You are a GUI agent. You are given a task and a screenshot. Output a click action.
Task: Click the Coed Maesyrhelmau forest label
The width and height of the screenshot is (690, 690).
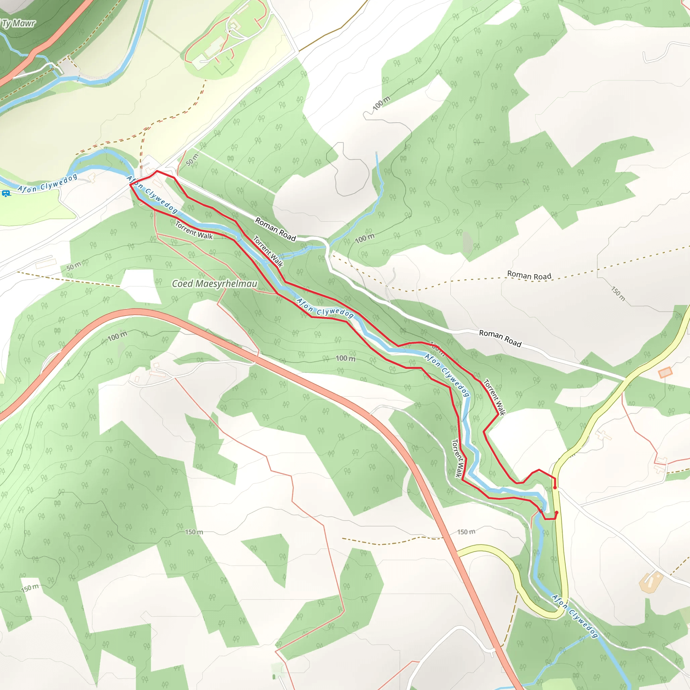[214, 284]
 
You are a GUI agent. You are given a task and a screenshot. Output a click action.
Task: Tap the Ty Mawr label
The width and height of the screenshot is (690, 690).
[19, 24]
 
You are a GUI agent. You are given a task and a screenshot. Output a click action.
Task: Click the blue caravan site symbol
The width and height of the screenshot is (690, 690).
[6, 194]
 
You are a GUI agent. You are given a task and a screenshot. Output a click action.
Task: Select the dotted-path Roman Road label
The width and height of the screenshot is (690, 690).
[529, 275]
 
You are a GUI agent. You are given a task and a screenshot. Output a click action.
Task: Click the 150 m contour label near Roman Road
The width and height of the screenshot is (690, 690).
[618, 293]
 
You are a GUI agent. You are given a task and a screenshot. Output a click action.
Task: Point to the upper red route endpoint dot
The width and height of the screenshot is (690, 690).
[555, 488]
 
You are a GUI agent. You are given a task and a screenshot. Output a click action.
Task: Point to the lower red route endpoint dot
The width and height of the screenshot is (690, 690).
[557, 512]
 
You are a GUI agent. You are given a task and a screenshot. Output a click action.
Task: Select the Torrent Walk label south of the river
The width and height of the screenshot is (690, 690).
[194, 230]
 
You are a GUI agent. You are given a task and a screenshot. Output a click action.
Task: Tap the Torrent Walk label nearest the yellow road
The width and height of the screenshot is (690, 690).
[494, 397]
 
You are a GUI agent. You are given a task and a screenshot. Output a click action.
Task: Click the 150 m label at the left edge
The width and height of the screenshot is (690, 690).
[30, 588]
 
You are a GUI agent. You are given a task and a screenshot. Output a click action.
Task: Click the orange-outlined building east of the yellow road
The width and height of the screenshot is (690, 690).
[665, 373]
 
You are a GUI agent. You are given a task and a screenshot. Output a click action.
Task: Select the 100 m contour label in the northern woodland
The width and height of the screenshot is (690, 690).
[381, 103]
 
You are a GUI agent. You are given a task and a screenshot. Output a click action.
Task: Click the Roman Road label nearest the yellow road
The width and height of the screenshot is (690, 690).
[500, 338]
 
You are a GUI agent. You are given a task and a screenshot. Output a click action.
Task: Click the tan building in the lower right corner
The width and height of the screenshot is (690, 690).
[650, 582]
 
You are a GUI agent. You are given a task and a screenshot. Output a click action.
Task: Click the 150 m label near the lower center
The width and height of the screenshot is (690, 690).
[194, 532]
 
